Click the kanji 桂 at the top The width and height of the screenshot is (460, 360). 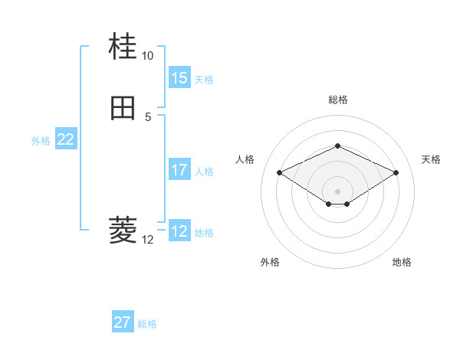(123, 47)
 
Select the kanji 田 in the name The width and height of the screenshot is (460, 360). (123, 108)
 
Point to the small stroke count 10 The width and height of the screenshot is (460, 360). (147, 56)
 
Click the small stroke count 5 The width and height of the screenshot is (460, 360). (147, 116)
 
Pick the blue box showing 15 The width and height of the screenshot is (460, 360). (179, 78)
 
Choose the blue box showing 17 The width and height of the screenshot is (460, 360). (179, 171)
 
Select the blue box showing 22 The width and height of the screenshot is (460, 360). (65, 139)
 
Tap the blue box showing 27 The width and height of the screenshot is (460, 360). (123, 322)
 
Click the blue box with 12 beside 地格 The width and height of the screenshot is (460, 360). (179, 232)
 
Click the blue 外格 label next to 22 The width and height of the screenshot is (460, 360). (41, 141)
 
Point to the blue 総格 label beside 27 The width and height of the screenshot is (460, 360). (147, 324)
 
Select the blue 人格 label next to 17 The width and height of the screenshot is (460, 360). (204, 172)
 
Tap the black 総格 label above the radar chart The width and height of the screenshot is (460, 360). (337, 100)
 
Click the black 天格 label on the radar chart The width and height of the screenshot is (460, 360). (431, 159)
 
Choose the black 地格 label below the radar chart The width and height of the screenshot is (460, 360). (402, 262)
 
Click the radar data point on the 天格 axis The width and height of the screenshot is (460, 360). (396, 173)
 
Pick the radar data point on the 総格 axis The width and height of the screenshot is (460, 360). (337, 146)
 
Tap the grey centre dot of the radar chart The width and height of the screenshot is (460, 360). (337, 191)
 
